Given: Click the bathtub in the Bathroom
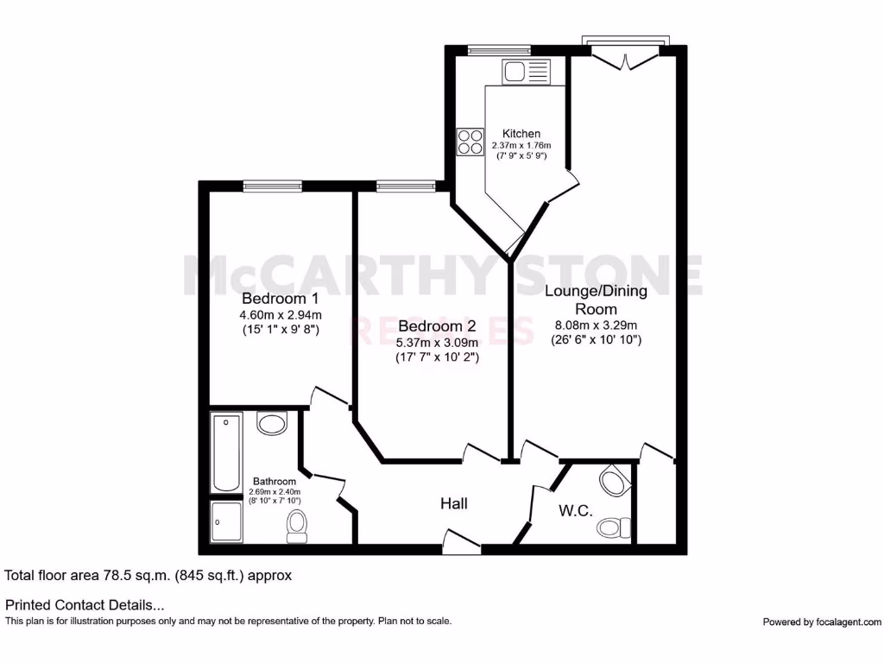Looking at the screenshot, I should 226,452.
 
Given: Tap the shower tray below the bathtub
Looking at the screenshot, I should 226,521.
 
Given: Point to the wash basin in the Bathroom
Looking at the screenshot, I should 272,424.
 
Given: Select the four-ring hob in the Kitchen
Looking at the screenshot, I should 470,142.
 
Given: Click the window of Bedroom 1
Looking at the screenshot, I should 272,185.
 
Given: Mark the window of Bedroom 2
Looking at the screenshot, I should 406,185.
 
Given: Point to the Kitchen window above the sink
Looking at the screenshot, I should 499,50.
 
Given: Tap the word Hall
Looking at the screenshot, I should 454,503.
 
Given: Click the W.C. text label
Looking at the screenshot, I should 575,511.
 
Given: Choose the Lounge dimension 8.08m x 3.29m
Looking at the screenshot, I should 596,325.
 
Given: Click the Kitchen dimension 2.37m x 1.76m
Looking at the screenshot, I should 521,146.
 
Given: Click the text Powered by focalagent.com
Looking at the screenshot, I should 822,622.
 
